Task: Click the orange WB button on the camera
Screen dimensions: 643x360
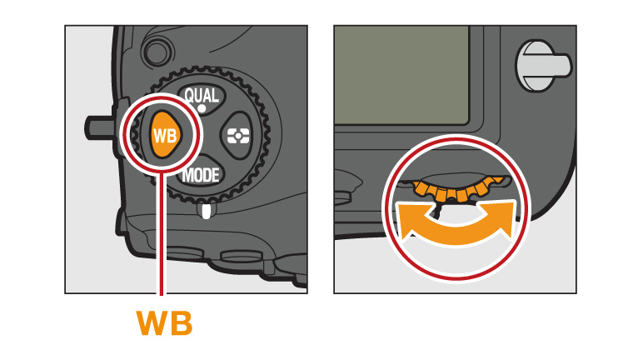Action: tap(165, 135)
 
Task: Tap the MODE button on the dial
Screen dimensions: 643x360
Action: tap(201, 175)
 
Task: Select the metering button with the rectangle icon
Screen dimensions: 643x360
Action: tap(238, 136)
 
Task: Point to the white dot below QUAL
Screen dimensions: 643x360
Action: tap(202, 108)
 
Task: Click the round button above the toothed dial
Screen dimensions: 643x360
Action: tap(158, 52)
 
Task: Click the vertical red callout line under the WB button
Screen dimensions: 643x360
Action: tap(161, 234)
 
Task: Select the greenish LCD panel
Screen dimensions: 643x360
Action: tap(401, 75)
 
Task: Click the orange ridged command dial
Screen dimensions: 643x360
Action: tap(456, 189)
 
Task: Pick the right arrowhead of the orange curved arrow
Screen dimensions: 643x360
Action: tap(497, 218)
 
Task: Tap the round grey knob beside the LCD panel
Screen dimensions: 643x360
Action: tap(541, 66)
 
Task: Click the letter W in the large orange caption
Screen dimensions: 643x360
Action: tap(152, 323)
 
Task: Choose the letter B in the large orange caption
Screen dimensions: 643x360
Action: tap(181, 323)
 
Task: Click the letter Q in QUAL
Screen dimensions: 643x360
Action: tap(190, 97)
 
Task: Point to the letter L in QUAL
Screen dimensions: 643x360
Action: tap(215, 96)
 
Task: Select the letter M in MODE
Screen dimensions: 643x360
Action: tap(187, 176)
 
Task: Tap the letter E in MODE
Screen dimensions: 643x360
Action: tap(215, 176)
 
